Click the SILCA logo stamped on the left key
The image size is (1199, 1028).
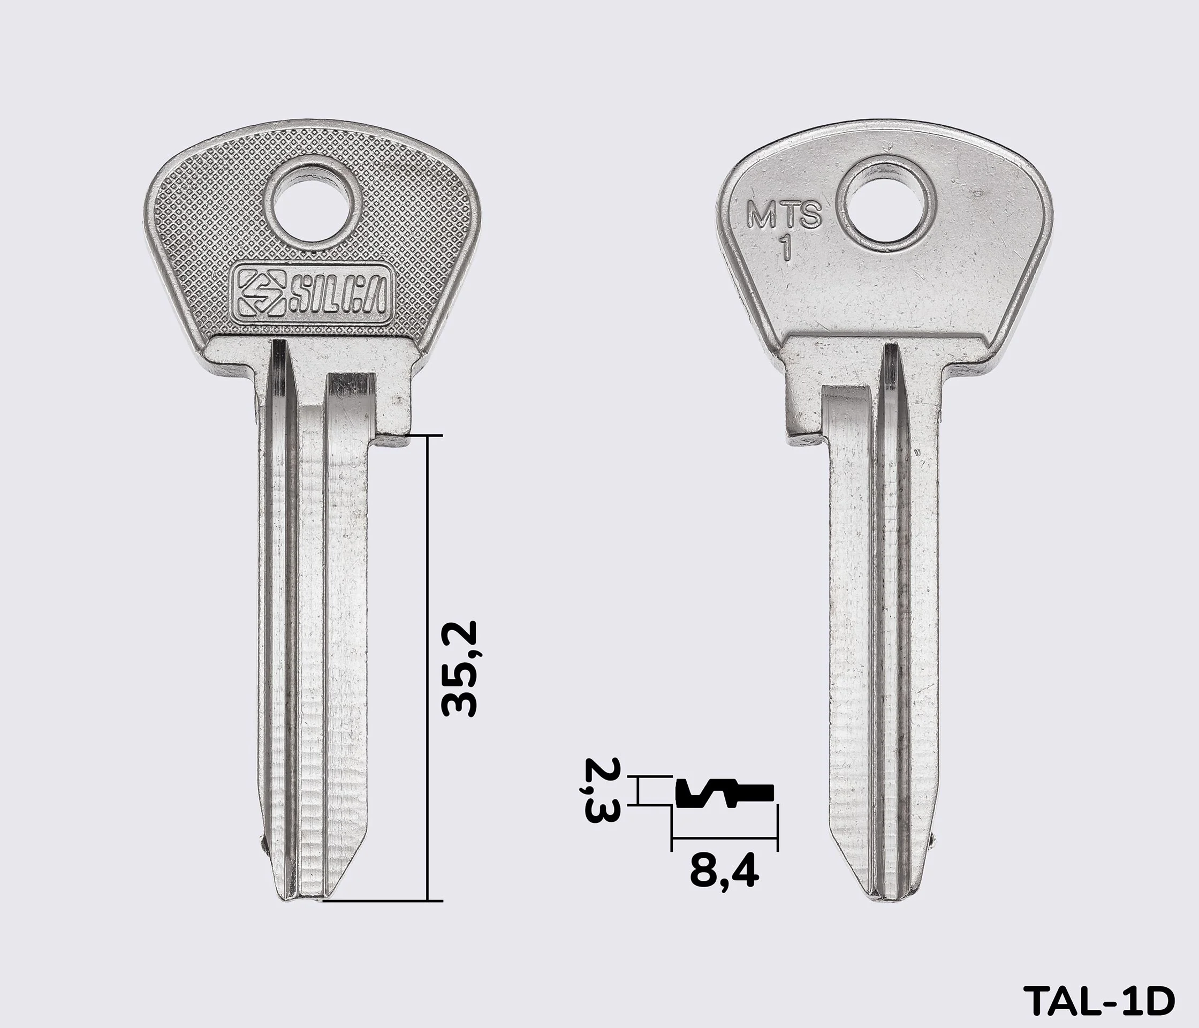[311, 298]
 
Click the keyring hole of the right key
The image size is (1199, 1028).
[887, 209]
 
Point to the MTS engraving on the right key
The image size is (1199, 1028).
[784, 214]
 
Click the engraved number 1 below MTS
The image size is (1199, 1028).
[786, 249]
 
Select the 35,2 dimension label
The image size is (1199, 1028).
[458, 669]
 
